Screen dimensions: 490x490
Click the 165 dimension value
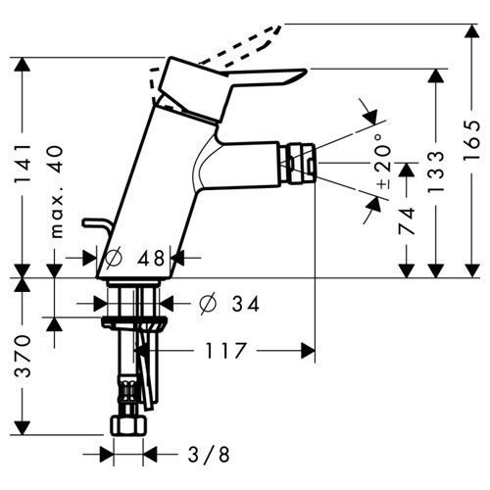472,140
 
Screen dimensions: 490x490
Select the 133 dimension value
436,172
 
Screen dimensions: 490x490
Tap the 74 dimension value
407,220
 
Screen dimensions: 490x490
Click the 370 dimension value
23,356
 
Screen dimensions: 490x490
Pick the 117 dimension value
225,351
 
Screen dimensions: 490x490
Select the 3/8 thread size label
209,455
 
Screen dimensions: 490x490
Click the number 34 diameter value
245,304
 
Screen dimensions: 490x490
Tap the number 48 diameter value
151,259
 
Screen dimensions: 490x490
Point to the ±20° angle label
384,162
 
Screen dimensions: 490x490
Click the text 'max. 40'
57,192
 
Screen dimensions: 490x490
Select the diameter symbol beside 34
208,304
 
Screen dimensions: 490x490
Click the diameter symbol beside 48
114,259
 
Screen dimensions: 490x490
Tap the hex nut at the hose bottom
128,426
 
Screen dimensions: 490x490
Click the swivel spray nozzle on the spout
297,163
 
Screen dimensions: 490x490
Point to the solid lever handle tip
305,71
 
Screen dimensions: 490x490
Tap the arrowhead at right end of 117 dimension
308,351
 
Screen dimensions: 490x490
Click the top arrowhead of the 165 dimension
472,32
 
